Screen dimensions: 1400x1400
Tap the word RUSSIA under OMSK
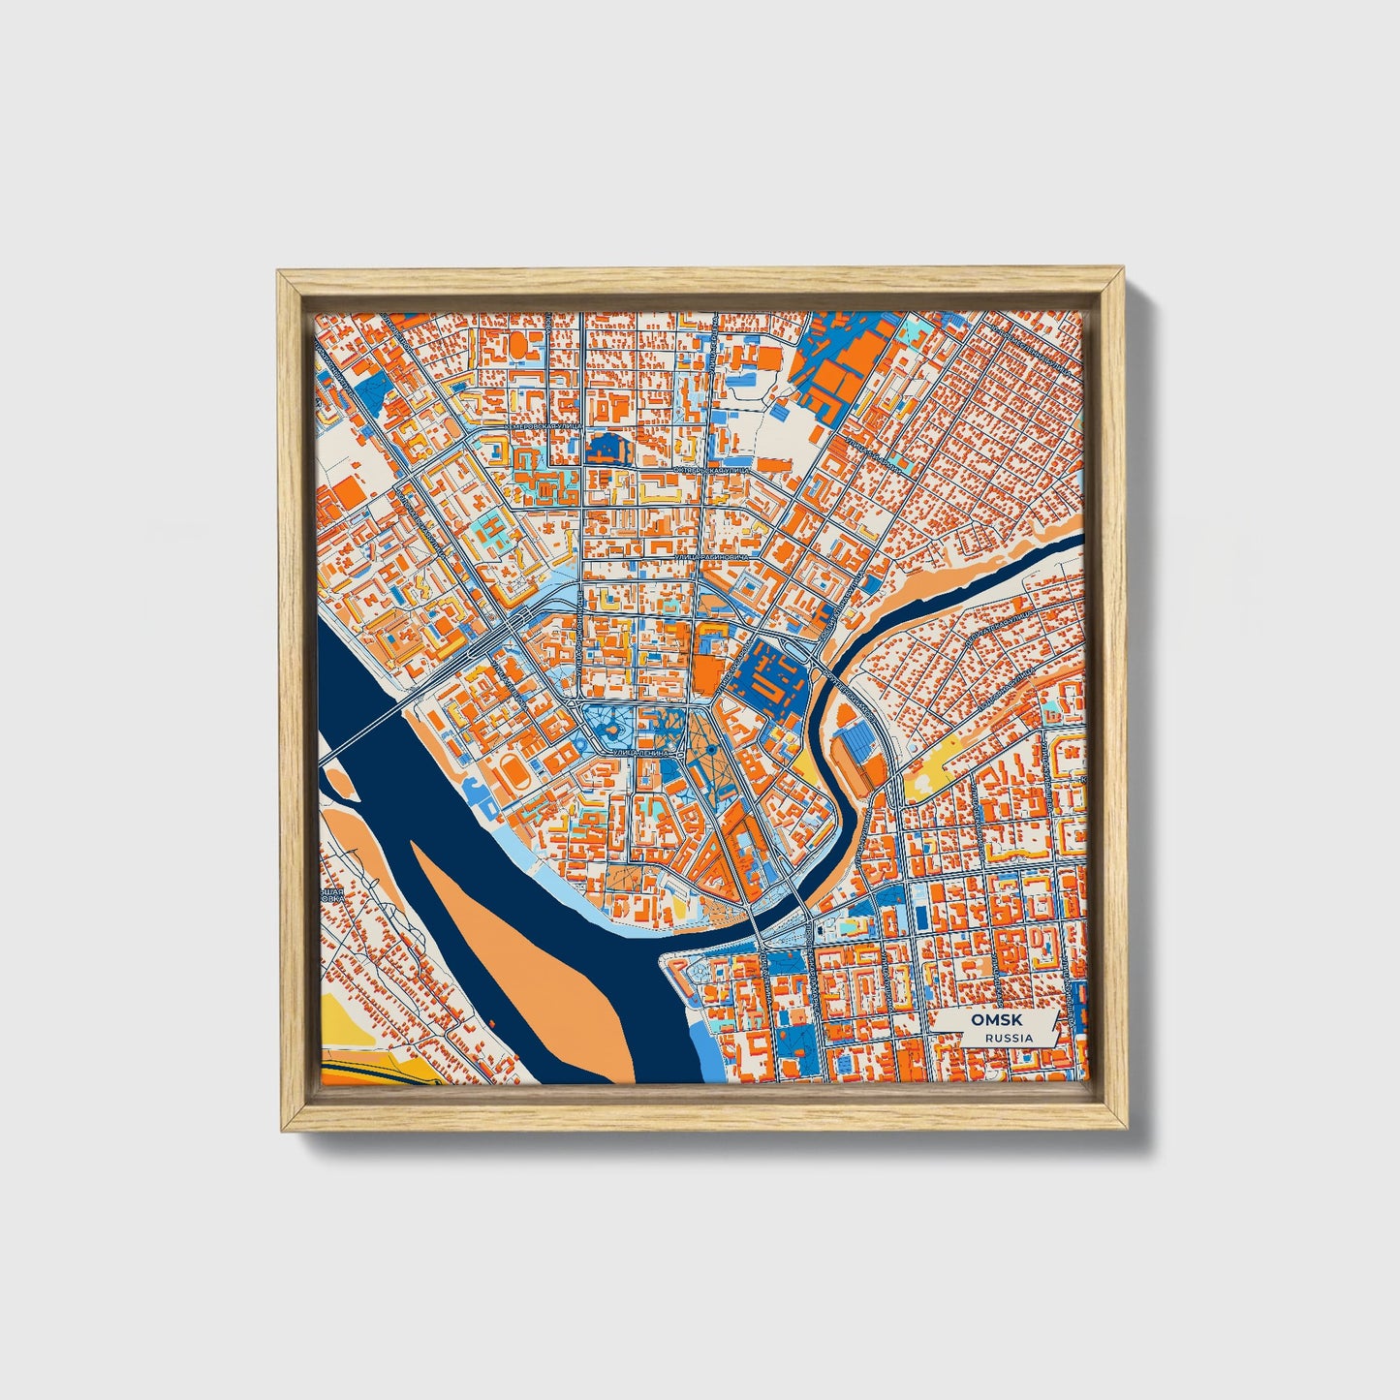[1008, 1038]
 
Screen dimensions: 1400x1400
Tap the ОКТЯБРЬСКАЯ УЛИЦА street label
[712, 470]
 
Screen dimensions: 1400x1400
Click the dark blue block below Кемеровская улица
[607, 448]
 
